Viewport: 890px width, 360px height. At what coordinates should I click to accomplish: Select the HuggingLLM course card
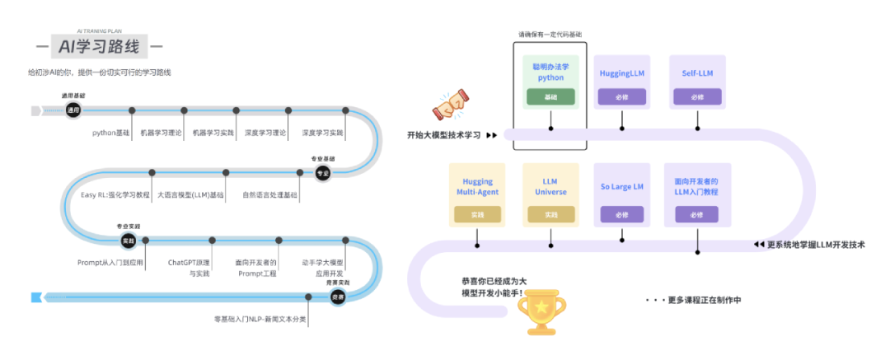point(621,82)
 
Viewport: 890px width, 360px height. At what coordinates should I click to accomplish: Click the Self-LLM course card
point(697,82)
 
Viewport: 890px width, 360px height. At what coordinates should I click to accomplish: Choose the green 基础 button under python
point(550,97)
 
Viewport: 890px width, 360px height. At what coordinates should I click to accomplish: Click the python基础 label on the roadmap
point(110,132)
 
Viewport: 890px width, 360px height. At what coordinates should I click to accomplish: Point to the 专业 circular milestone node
point(323,172)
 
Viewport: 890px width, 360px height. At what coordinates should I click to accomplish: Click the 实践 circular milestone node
point(128,241)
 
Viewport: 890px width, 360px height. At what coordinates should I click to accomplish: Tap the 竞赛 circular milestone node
point(337,297)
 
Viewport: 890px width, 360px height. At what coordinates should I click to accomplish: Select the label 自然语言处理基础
point(270,195)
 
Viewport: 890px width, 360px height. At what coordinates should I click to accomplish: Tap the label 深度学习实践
point(323,132)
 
